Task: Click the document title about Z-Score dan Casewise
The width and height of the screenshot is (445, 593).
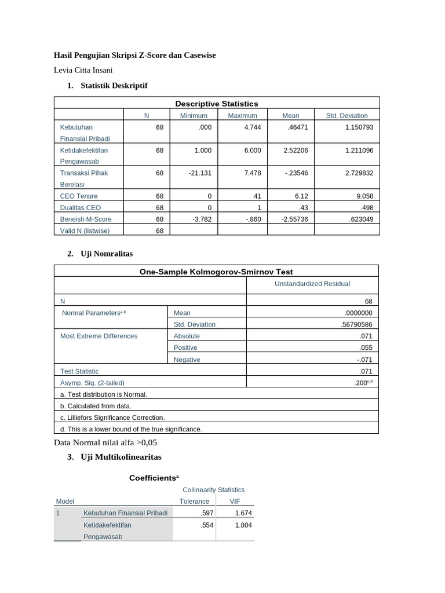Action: point(134,55)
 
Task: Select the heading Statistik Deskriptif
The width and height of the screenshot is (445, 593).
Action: point(114,86)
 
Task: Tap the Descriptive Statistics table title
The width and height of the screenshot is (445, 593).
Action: point(217,104)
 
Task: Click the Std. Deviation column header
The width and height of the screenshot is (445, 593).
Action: point(346,115)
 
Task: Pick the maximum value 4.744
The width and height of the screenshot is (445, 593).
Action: point(252,127)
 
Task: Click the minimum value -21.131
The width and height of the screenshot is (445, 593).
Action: point(199,173)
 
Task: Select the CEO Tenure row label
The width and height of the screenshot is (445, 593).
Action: point(79,196)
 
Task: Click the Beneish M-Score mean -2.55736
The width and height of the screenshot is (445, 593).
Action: point(295,219)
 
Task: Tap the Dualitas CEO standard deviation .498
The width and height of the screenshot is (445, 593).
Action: point(365,207)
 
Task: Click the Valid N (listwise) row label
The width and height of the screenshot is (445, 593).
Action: point(85,230)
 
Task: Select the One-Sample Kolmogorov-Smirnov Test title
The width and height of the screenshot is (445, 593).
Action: point(216,272)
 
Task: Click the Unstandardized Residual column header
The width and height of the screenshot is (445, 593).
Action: point(313,284)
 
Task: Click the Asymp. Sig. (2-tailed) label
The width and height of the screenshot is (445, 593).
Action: point(92,383)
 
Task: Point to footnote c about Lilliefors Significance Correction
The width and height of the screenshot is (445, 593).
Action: point(112,417)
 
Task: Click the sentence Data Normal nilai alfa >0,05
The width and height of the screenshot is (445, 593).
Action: point(105,442)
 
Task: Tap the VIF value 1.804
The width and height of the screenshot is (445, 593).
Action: point(243,525)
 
